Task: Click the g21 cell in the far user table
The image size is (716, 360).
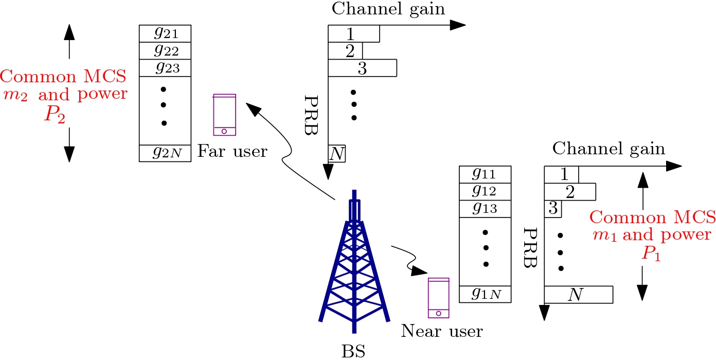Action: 165,34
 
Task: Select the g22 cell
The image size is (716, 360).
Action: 165,51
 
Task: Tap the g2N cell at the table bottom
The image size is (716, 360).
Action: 165,153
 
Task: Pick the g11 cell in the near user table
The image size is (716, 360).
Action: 485,174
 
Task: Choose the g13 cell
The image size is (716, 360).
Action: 485,209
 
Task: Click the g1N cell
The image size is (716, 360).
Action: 485,294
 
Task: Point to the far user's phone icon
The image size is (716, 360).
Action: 225,115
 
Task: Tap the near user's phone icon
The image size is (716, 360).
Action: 439,298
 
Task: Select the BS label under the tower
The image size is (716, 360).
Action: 354,351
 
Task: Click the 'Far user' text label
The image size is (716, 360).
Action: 232,151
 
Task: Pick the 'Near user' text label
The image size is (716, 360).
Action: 442,331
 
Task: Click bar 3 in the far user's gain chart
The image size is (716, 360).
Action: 363,68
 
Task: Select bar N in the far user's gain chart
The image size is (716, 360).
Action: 337,154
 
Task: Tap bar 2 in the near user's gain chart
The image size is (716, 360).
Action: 570,192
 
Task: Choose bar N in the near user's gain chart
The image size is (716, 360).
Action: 578,295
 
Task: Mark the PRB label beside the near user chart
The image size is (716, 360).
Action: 529,248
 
